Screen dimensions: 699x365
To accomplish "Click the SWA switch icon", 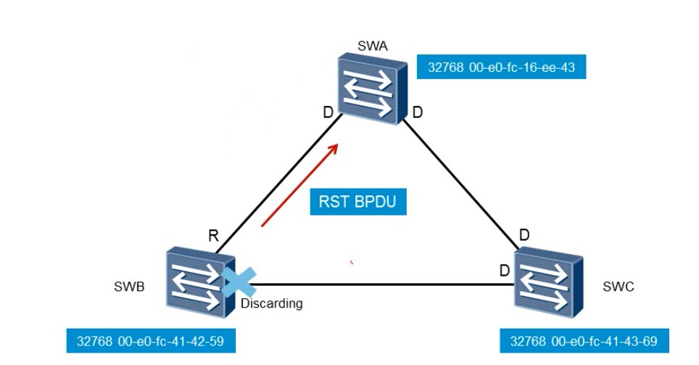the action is tap(372, 89).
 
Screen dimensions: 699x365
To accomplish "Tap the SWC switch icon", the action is tap(549, 284).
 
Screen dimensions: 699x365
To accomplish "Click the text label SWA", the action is tap(373, 46).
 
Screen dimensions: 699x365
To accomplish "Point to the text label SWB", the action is tap(129, 287).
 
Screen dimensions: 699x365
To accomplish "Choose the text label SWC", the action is tap(619, 287).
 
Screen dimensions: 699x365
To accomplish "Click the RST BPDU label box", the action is tap(358, 202).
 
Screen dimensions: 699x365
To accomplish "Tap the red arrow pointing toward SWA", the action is tap(300, 185).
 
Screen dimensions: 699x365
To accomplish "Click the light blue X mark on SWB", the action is tap(239, 282).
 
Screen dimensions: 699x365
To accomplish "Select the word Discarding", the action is tap(271, 303).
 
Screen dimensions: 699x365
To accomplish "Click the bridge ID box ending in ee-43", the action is tap(501, 67).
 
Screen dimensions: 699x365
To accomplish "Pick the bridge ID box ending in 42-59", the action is tap(151, 341).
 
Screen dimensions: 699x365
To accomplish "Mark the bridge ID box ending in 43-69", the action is tap(584, 341).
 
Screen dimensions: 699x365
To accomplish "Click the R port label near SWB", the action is tap(213, 236).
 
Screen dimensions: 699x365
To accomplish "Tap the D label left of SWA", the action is tap(328, 112).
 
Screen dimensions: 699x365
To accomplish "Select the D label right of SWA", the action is tap(417, 112).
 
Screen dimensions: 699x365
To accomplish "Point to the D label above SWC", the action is tap(524, 234).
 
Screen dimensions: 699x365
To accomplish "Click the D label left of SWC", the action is tap(505, 271).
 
